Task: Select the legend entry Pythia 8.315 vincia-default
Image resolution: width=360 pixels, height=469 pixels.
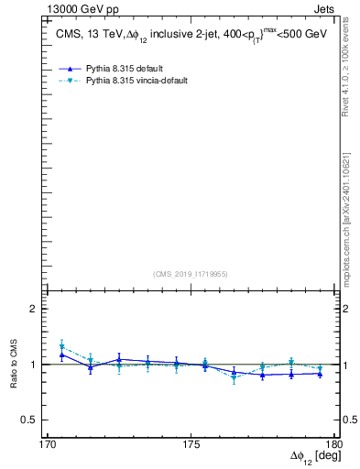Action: pyautogui.click(x=136, y=81)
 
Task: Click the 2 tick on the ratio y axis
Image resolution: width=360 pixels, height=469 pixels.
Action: pyautogui.click(x=33, y=309)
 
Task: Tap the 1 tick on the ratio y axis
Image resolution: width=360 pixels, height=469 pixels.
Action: pyautogui.click(x=33, y=365)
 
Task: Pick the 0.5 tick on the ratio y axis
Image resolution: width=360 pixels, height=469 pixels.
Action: pyautogui.click(x=29, y=420)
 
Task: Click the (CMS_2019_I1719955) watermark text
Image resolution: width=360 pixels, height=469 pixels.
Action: pyautogui.click(x=191, y=273)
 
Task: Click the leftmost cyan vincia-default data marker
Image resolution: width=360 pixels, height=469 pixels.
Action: pyautogui.click(x=61, y=347)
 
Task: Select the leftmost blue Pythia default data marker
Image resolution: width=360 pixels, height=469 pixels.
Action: pyautogui.click(x=61, y=354)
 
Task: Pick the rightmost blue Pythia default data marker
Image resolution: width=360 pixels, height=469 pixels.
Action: pyautogui.click(x=319, y=374)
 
